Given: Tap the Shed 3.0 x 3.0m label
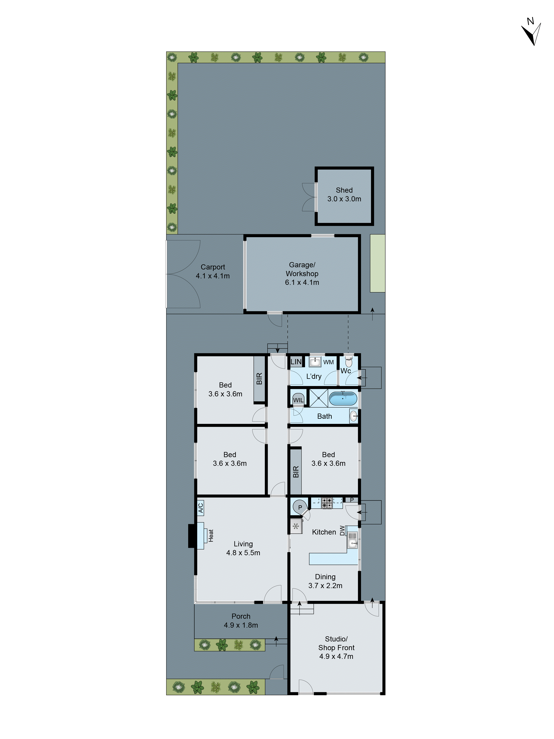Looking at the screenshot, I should (344, 194).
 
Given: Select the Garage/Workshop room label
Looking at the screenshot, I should (302, 273).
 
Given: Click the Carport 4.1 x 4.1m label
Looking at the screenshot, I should (213, 271).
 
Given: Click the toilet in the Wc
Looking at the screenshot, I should (349, 362).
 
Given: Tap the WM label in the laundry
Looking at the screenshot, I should (328, 362).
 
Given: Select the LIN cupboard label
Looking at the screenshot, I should (296, 361).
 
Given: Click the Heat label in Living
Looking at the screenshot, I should (211, 535).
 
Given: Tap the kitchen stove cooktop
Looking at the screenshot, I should (327, 503).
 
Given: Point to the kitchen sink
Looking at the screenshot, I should (352, 540).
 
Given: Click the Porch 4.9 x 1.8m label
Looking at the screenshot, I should (241, 620).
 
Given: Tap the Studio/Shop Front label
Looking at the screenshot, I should (336, 647).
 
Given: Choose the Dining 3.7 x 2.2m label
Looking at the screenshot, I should (325, 581).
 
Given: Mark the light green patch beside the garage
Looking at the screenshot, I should (377, 263).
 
